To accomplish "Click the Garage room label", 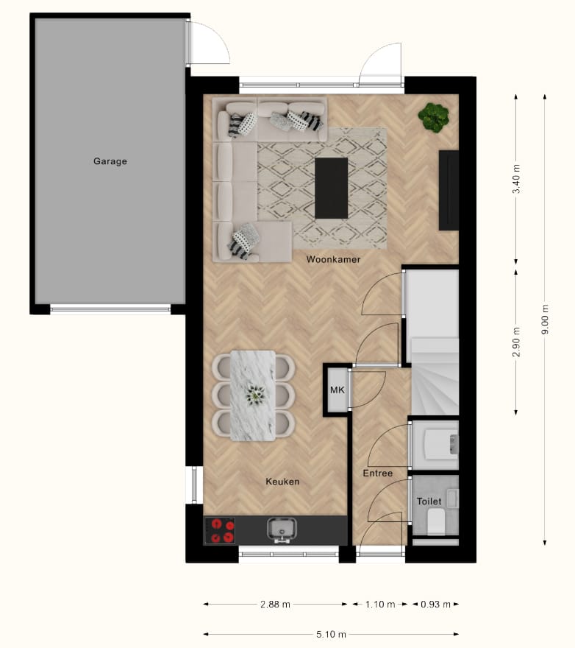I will (x=110, y=161).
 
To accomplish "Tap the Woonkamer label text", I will (x=333, y=259).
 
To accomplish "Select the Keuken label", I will (x=282, y=482).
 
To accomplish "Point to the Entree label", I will (x=377, y=473).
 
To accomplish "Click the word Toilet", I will (x=429, y=501).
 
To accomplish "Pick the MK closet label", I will (x=337, y=390).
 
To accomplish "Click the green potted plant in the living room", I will (x=434, y=116).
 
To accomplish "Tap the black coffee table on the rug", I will (x=331, y=188).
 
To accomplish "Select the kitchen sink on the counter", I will (x=282, y=529).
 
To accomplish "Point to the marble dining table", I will (x=253, y=395).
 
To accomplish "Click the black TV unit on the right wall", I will (x=449, y=190).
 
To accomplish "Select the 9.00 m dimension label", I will (x=545, y=320).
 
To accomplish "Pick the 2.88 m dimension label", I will (x=275, y=604).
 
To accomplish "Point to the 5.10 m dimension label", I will (x=330, y=634).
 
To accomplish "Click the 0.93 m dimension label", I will (x=435, y=604).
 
